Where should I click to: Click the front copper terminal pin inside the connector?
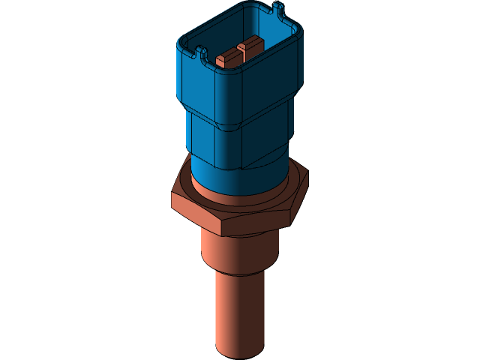tap(224, 59)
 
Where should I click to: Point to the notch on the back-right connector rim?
tap(280, 10)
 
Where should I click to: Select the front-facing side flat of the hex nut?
tap(256, 218)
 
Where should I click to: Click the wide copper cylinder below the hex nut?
tap(238, 251)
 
